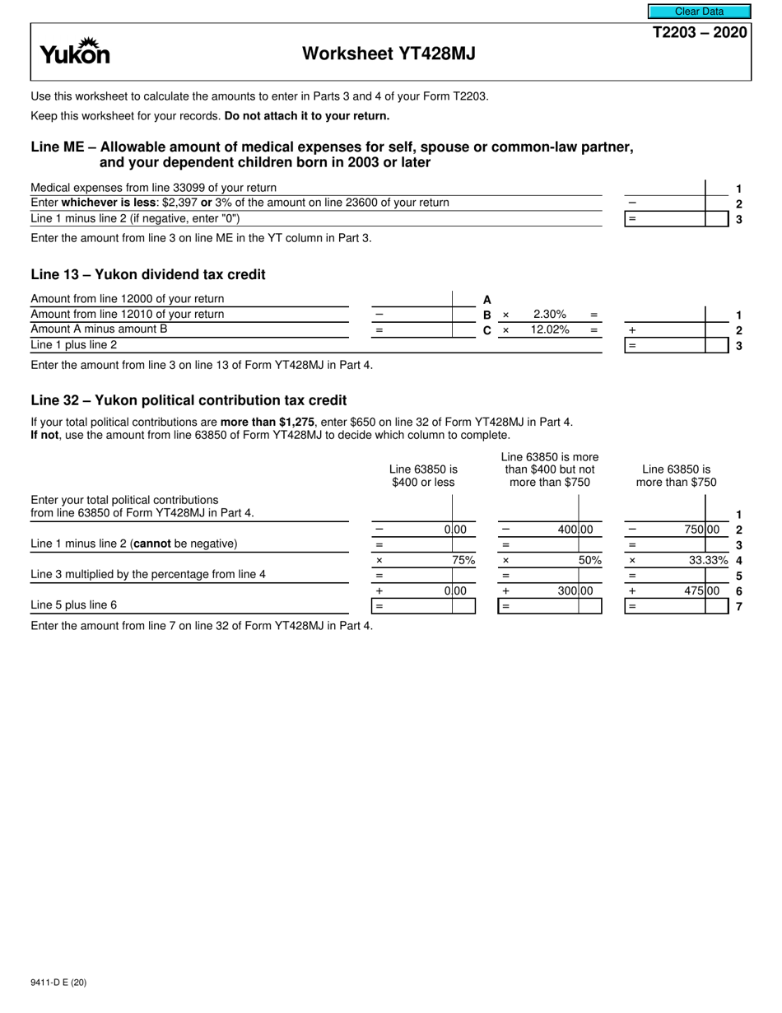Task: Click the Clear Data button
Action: pyautogui.click(x=699, y=12)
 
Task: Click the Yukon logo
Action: pyautogui.click(x=75, y=52)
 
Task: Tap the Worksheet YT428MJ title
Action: pyautogui.click(x=389, y=54)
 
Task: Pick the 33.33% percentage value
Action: pyautogui.click(x=709, y=560)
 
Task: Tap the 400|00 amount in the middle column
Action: pyautogui.click(x=575, y=530)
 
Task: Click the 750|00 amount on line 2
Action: pyautogui.click(x=702, y=530)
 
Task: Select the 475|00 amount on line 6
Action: pyautogui.click(x=702, y=591)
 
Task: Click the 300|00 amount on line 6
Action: pyautogui.click(x=575, y=591)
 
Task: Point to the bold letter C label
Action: pyautogui.click(x=487, y=330)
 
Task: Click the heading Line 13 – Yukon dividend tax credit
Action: pyautogui.click(x=148, y=274)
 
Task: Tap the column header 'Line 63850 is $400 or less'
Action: pyautogui.click(x=423, y=475)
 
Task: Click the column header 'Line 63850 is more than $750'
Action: pyautogui.click(x=677, y=475)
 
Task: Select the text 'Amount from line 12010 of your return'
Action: pyautogui.click(x=127, y=314)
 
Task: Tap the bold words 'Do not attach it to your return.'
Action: pyautogui.click(x=307, y=116)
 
